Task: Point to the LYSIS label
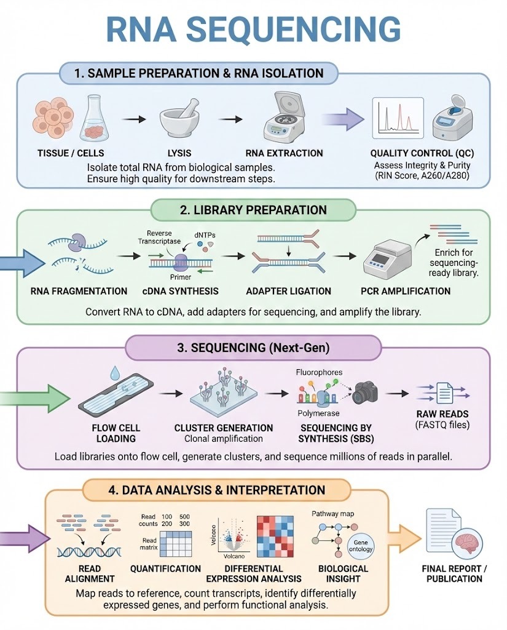click(x=179, y=153)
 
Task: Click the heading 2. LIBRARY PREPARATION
click(x=253, y=210)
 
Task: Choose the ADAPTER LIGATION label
click(x=288, y=291)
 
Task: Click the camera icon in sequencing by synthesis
click(x=364, y=391)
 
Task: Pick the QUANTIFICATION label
click(x=165, y=568)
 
